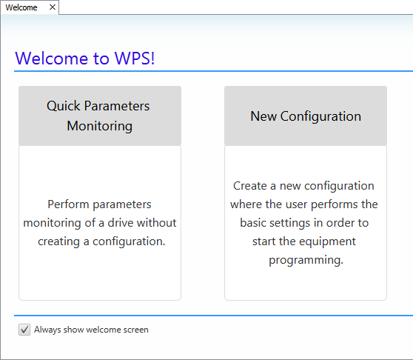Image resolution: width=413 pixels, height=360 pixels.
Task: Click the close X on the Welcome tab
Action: tap(52, 7)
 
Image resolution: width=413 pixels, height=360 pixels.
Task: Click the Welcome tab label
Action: tap(21, 7)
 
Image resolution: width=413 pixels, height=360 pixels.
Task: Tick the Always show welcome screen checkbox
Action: tap(24, 330)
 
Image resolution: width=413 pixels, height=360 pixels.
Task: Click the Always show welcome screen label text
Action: tap(91, 330)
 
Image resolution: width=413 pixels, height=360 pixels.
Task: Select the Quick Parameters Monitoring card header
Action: tap(99, 116)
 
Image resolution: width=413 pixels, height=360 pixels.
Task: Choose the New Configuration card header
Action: tap(305, 116)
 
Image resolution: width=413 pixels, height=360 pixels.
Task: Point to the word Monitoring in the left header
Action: tap(99, 126)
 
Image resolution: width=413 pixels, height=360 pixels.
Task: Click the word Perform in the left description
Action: tap(69, 204)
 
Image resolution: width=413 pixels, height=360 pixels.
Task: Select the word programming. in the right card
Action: tap(306, 260)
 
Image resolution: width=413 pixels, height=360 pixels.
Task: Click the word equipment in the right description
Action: tap(326, 241)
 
